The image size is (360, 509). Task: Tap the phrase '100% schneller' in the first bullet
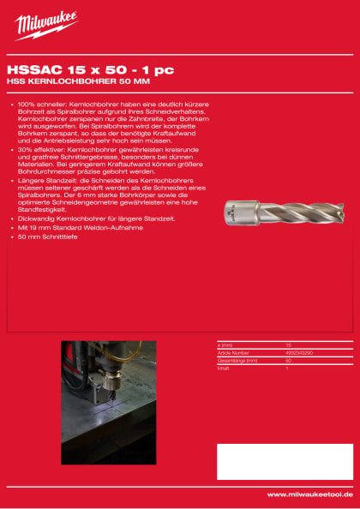point(39,104)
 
